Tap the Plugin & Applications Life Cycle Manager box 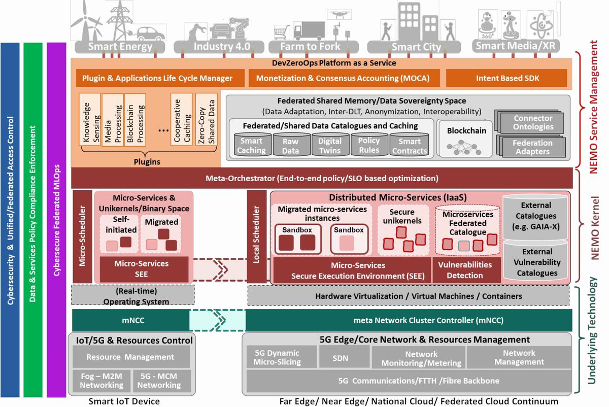click(x=158, y=78)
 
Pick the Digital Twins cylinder click(x=330, y=146)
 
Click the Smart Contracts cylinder click(x=410, y=146)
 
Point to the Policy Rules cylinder click(x=369, y=146)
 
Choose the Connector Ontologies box click(x=532, y=122)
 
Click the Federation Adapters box click(x=532, y=147)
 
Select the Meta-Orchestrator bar click(x=322, y=179)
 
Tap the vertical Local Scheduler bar click(x=257, y=236)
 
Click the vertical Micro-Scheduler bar click(x=82, y=236)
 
